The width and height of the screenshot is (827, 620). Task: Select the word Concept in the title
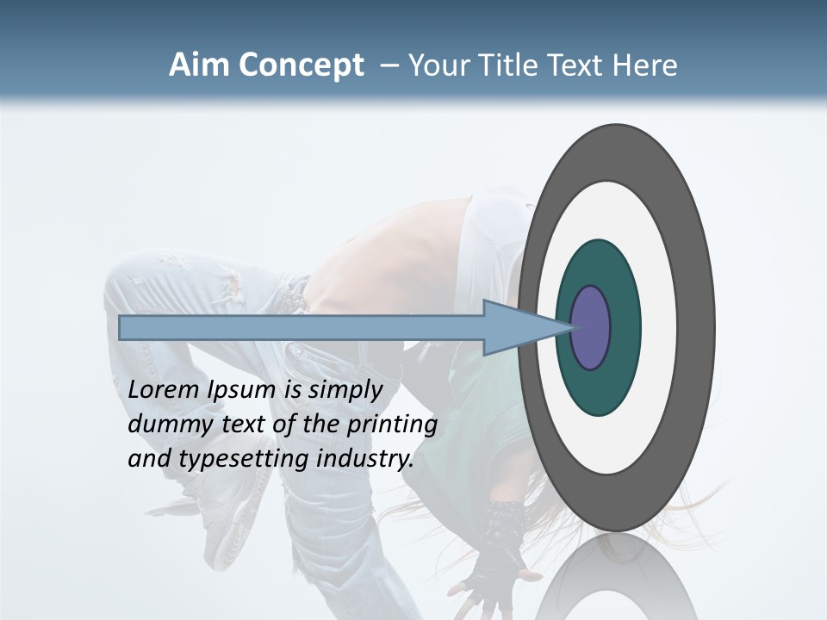[302, 66]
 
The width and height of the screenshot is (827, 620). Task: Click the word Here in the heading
[647, 65]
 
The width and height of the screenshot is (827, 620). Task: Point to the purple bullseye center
[591, 328]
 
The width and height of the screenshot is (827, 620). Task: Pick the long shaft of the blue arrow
[302, 328]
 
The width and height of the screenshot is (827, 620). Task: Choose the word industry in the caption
[365, 459]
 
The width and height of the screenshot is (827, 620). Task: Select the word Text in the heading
[584, 65]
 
